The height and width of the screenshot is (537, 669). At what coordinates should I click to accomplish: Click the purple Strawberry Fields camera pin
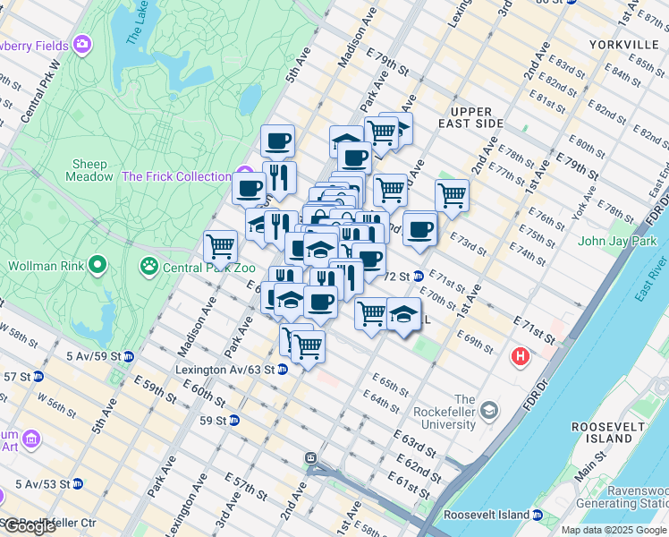coord(83,43)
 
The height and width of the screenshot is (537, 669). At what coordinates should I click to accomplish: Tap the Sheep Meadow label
coord(89,170)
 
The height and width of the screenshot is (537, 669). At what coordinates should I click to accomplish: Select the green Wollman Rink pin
coord(98,266)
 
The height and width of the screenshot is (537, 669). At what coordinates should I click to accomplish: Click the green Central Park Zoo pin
coord(148,266)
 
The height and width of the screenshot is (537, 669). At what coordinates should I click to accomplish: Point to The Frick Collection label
coord(176,176)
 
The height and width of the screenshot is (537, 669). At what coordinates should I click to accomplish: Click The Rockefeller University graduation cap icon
coord(489,411)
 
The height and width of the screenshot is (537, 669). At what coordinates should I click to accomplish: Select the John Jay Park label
coord(617,241)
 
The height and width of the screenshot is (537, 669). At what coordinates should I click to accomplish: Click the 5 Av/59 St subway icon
coord(129,356)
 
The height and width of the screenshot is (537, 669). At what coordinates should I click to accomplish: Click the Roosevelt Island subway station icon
coord(537,515)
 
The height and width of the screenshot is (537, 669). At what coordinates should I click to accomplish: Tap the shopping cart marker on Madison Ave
coord(219,244)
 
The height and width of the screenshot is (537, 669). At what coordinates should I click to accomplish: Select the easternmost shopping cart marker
coord(452,193)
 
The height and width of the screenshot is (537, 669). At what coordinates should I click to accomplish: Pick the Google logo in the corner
coord(30,526)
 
